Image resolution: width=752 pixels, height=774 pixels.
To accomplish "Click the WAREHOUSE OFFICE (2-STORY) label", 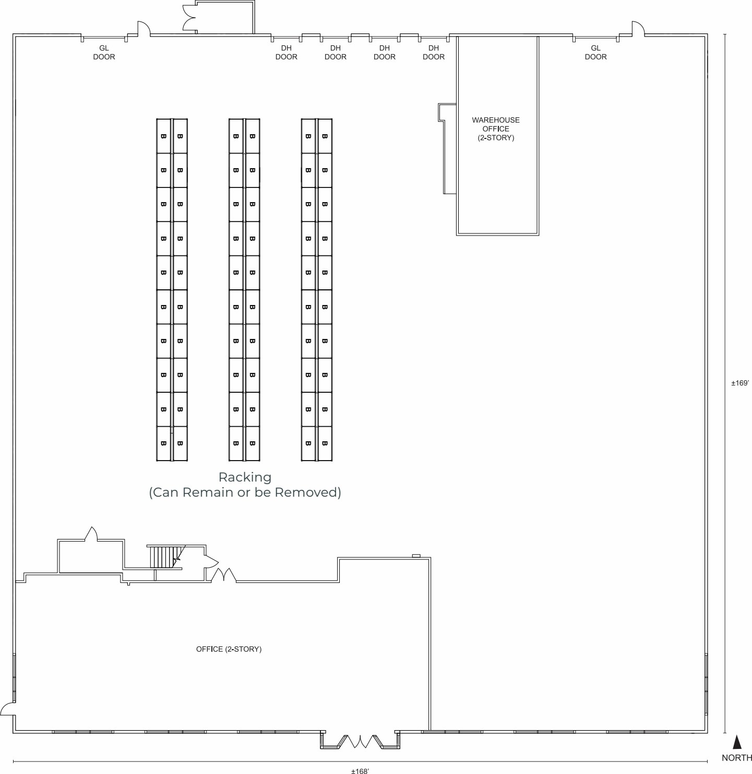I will (496, 129).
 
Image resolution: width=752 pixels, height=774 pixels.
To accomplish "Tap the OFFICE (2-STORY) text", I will (229, 649).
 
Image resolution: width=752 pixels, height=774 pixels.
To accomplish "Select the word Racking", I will (245, 477).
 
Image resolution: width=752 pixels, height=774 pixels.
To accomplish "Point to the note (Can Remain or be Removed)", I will (245, 492).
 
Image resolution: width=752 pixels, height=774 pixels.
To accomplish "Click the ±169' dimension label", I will (739, 383).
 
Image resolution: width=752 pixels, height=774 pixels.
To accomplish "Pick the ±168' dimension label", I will (360, 770).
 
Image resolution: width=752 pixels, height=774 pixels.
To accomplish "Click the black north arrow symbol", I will (737, 742).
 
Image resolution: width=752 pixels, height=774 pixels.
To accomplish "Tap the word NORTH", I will (736, 758).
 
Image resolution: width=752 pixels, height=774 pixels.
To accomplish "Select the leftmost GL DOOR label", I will (104, 52).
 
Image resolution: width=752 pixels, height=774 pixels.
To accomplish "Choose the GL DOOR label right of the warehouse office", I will (595, 52).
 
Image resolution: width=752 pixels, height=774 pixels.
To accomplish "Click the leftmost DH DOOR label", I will (286, 52).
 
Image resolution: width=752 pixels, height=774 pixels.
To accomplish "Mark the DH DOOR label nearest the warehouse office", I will (433, 52).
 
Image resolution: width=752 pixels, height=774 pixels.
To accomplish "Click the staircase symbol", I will (164, 557).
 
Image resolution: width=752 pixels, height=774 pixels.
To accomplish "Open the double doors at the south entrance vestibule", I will (360, 741).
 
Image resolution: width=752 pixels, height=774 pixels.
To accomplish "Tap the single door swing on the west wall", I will (7, 709).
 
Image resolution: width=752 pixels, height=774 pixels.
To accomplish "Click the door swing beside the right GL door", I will (638, 29).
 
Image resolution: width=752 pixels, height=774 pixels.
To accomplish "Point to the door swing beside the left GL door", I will (143, 29).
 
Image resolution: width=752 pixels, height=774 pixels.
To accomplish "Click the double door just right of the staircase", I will (223, 575).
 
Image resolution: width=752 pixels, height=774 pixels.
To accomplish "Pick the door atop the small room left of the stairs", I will (91, 534).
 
